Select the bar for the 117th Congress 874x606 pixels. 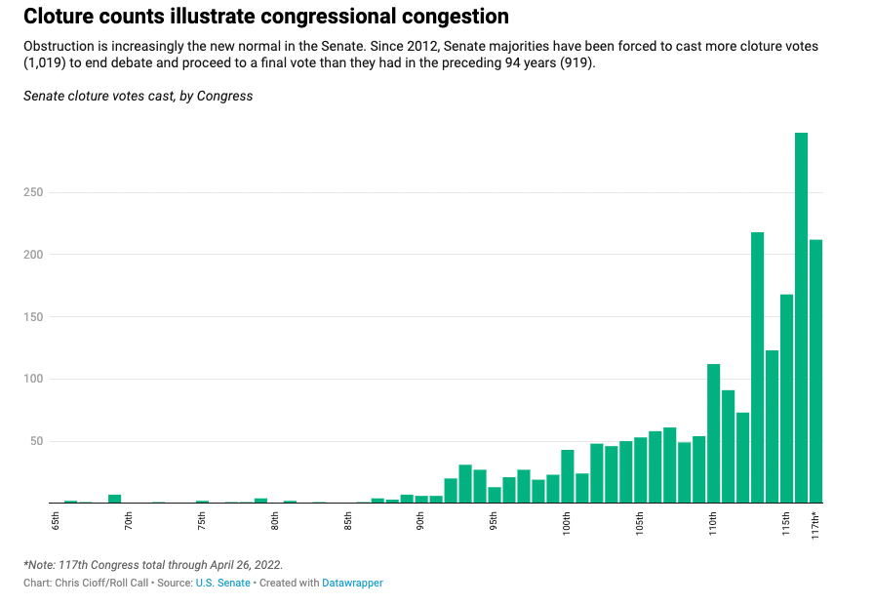[815, 371]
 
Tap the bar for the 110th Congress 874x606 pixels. [713, 433]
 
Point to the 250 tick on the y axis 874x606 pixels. [35, 192]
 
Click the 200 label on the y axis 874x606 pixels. [35, 255]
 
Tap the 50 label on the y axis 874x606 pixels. [38, 441]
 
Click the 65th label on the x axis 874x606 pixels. [56, 521]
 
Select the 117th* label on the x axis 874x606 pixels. [815, 523]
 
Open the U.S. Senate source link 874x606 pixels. [222, 583]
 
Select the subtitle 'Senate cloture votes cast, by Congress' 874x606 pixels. [138, 96]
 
